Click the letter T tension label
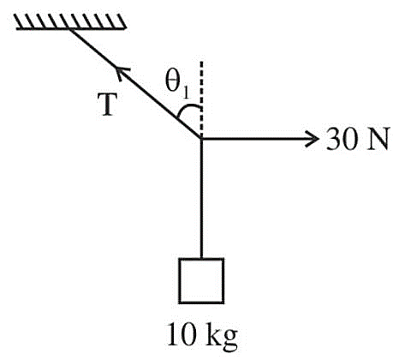pyautogui.click(x=108, y=105)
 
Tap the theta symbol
pyautogui.click(x=173, y=81)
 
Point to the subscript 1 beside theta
pyautogui.click(x=186, y=93)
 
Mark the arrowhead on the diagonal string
pyautogui.click(x=122, y=73)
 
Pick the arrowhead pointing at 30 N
pyautogui.click(x=312, y=139)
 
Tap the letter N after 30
pyautogui.click(x=378, y=139)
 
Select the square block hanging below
pyautogui.click(x=201, y=280)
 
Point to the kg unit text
pyautogui.click(x=222, y=337)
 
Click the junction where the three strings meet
pyautogui.click(x=201, y=139)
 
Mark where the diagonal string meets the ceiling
pyautogui.click(x=70, y=29)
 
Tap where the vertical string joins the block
pyautogui.click(x=201, y=258)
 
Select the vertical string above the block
pyautogui.click(x=201, y=199)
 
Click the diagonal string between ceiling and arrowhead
pyautogui.click(x=94, y=48)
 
